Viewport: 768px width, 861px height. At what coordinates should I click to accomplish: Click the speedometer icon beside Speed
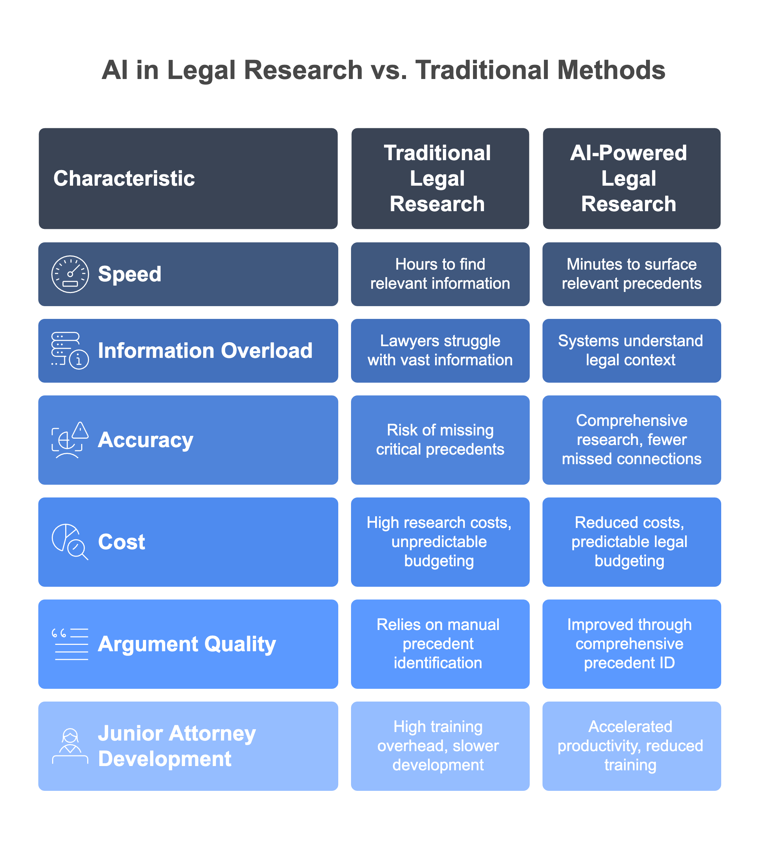[70, 274]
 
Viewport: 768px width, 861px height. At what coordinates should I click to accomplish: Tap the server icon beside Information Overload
[70, 350]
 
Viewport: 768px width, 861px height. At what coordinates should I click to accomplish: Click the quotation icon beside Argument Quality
[70, 644]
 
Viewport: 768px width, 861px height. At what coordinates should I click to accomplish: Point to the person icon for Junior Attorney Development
[70, 746]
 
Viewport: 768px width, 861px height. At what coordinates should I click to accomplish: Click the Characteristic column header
[124, 178]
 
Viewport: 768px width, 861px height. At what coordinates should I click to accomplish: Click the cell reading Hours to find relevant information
[440, 274]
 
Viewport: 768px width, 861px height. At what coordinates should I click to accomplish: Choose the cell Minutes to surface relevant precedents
[631, 274]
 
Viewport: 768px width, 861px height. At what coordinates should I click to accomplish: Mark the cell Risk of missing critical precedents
[440, 440]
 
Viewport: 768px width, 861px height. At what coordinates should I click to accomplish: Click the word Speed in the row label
[129, 274]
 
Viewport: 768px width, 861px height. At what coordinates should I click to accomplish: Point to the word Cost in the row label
[122, 542]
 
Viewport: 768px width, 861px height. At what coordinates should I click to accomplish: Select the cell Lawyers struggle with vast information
[440, 350]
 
